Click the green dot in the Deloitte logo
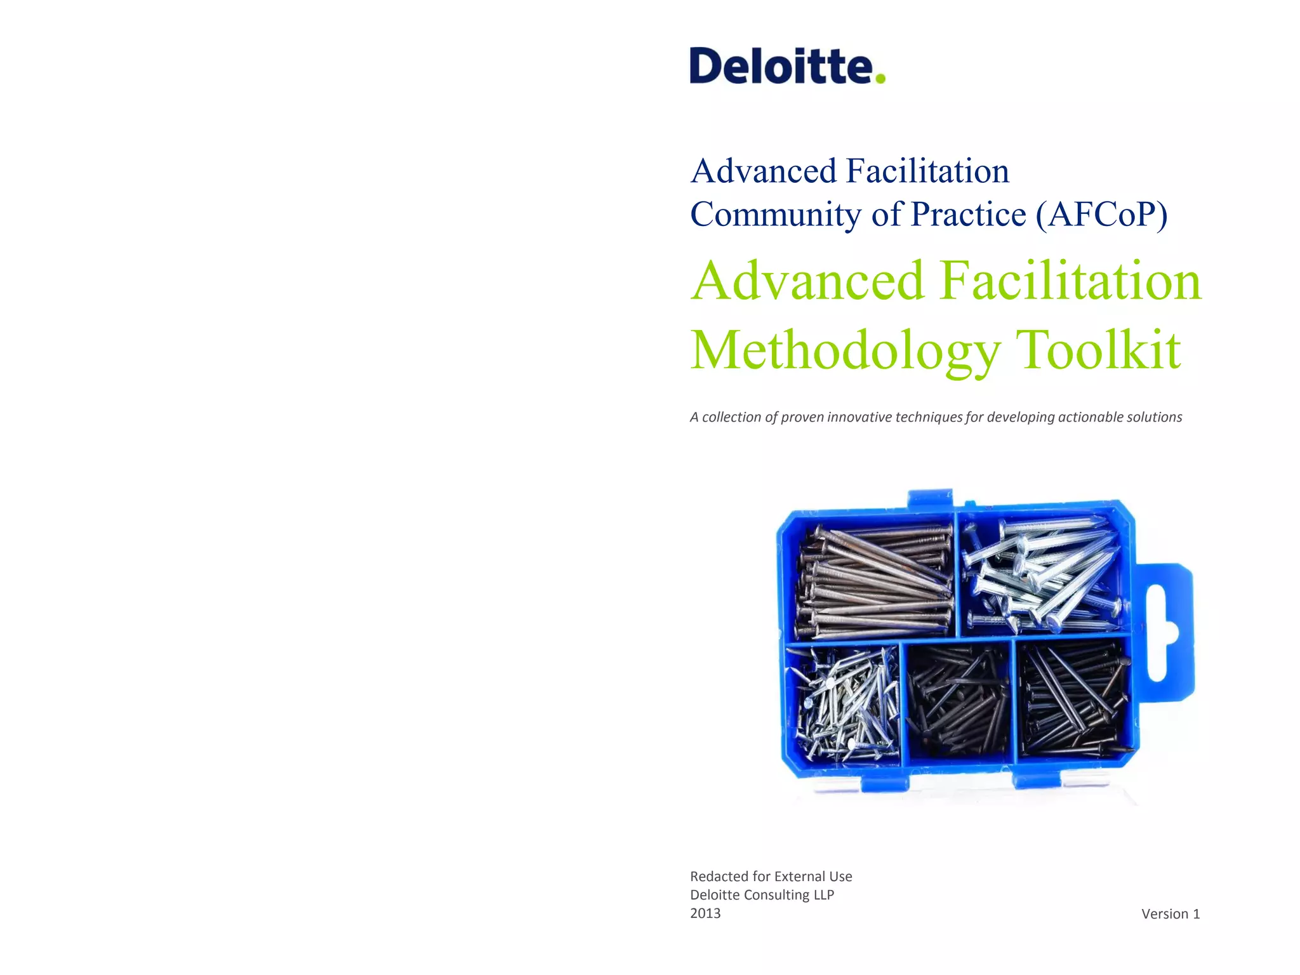point(880,78)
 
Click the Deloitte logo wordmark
point(781,66)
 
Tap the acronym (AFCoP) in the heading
point(1101,215)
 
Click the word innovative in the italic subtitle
point(859,417)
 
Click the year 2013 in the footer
point(705,913)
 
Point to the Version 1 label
point(1171,914)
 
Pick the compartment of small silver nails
point(843,705)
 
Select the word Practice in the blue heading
point(968,215)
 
